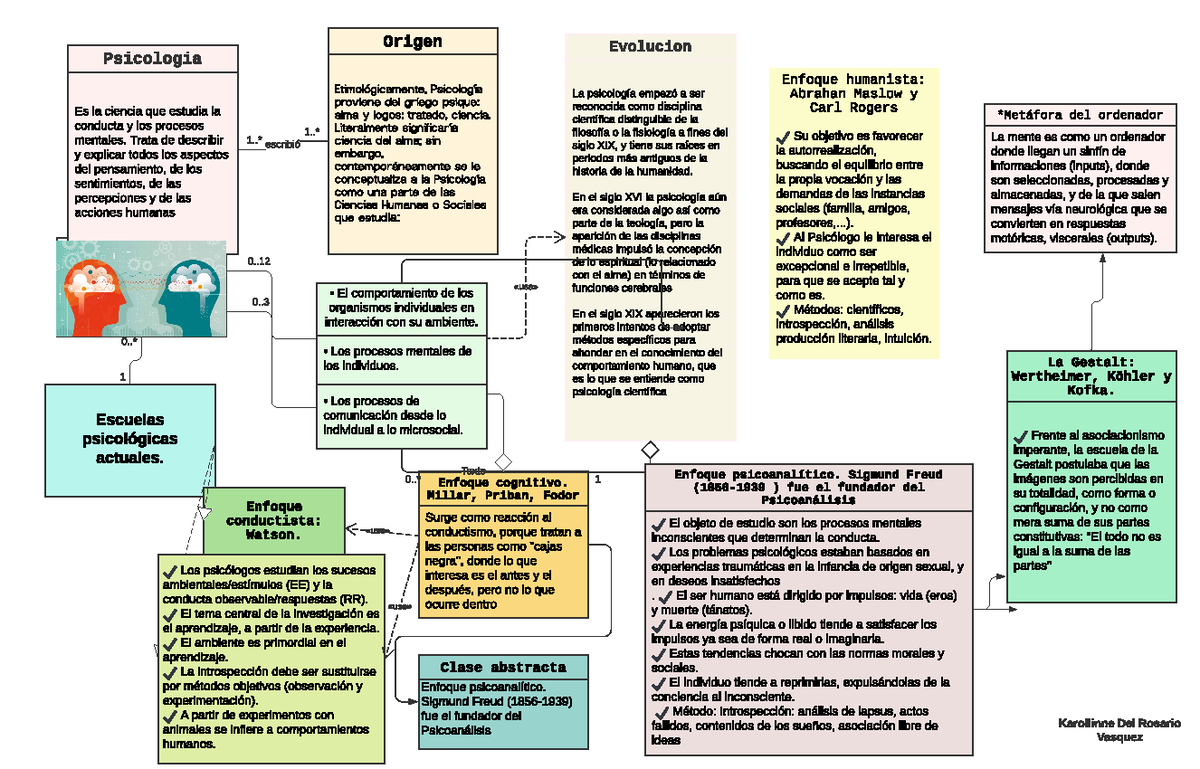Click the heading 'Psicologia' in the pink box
152,58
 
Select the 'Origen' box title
412,42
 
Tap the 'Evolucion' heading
650,47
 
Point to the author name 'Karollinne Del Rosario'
1119,722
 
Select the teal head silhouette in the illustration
190,290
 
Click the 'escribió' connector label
283,144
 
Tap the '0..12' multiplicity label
258,261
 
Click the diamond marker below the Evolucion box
650,449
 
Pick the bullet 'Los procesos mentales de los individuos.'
399,359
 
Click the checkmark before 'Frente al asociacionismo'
1019,436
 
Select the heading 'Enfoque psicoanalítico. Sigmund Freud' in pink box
808,484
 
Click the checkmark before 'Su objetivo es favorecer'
782,136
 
